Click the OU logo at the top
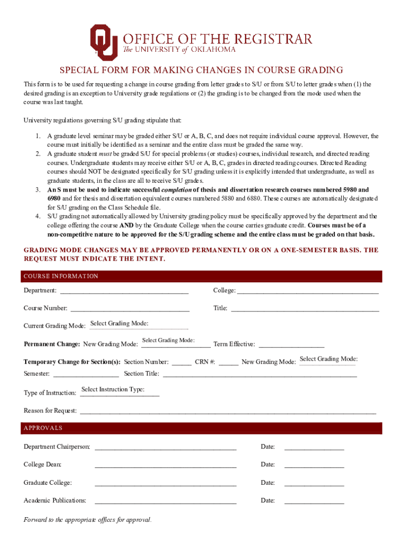[104, 41]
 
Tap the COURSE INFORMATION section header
[61, 276]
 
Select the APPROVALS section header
[43, 428]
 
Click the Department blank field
[125, 291]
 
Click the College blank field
[308, 291]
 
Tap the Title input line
[305, 308]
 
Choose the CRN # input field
[229, 362]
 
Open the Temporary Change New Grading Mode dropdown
[328, 360]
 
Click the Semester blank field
[86, 374]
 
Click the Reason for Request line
[227, 411]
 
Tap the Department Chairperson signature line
[165, 447]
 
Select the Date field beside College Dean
[314, 465]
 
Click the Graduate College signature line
[165, 483]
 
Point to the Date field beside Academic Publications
[314, 501]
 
